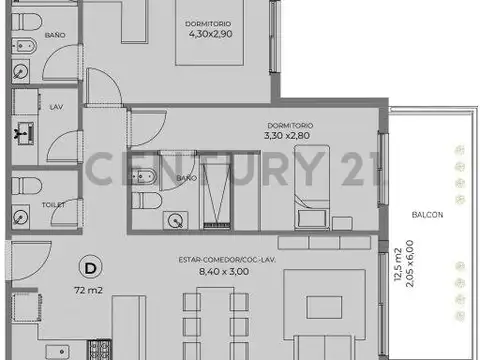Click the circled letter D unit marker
click(91, 267)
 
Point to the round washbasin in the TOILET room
click(21, 215)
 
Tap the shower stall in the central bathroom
click(214, 193)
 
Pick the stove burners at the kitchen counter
click(101, 350)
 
